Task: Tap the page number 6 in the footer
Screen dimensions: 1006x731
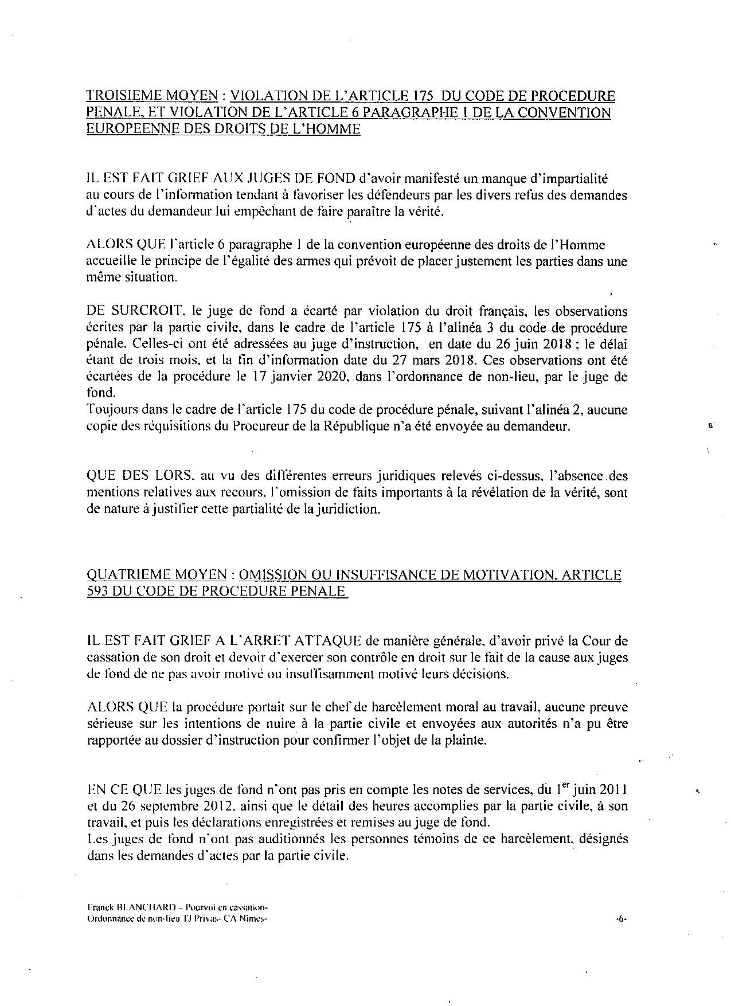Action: [x=621, y=919]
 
